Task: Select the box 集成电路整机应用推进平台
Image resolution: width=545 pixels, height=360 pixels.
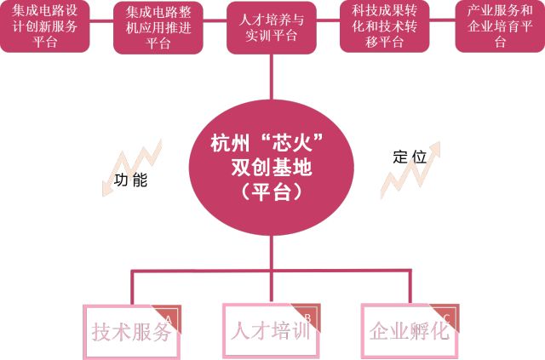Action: pos(158,26)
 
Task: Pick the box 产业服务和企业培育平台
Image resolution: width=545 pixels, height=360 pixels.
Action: pos(499,26)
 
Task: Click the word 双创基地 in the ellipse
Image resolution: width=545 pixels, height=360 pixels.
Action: pos(272,169)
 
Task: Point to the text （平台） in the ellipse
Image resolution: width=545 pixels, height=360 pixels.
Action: pos(272,192)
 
